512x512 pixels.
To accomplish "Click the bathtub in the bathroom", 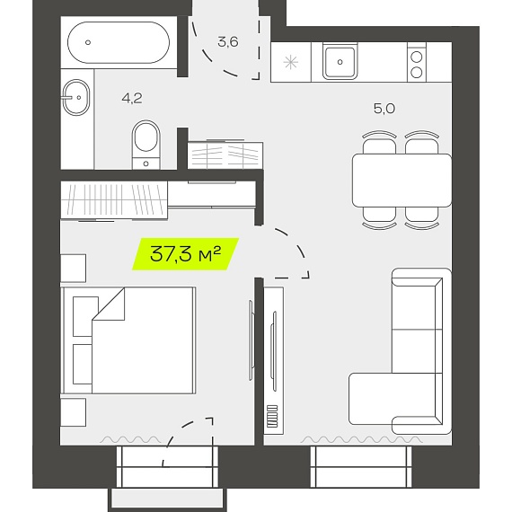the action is click(x=119, y=42).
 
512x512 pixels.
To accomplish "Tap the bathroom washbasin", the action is click(x=75, y=97).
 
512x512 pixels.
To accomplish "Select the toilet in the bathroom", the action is click(x=146, y=145).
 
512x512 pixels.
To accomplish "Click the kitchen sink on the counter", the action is click(x=340, y=62).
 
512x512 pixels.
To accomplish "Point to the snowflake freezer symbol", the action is click(x=291, y=62).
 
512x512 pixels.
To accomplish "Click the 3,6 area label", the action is click(x=228, y=42).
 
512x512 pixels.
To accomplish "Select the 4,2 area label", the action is click(x=132, y=98).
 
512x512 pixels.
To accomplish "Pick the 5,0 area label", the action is click(x=384, y=108).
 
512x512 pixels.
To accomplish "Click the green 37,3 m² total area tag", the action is click(x=185, y=254).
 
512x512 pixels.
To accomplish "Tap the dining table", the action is click(x=402, y=181).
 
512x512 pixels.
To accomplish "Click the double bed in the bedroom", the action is click(x=128, y=340).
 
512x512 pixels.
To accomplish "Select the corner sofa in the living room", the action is click(x=401, y=351).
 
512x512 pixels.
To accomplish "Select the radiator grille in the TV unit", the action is click(x=272, y=416).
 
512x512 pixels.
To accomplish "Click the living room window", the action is click(x=361, y=466).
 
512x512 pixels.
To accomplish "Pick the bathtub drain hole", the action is click(x=87, y=42).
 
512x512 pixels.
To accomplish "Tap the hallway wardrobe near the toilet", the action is click(x=225, y=155).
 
